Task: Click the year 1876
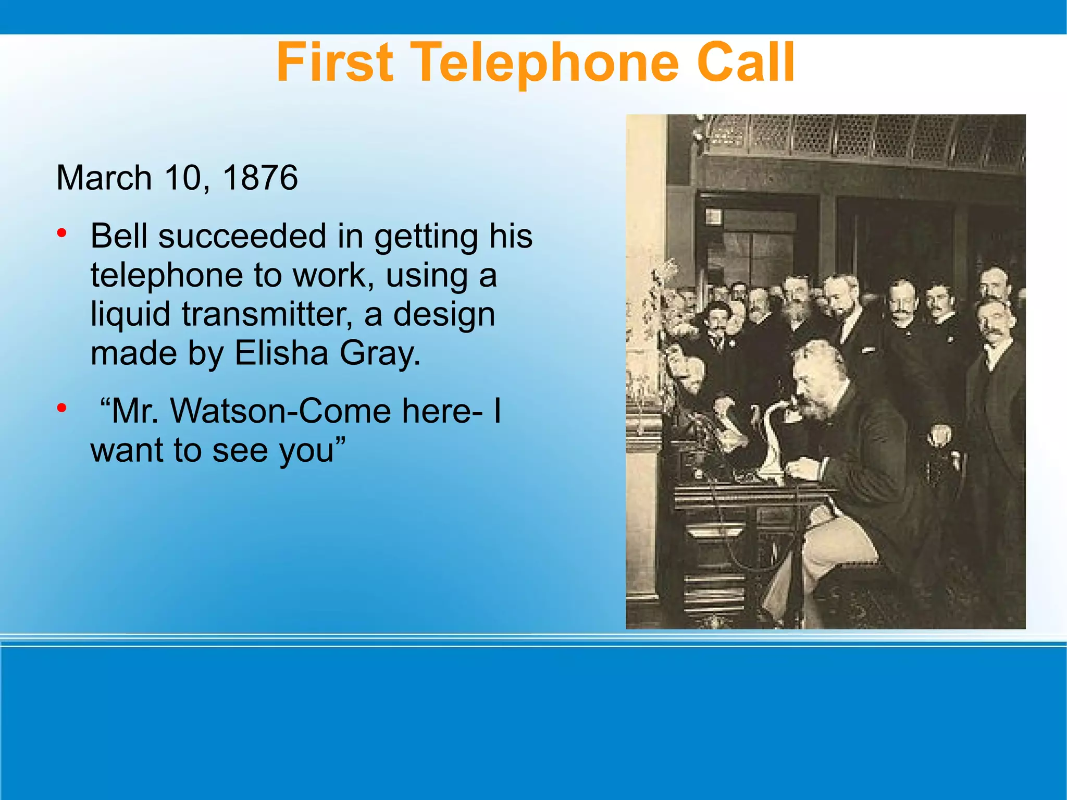(260, 178)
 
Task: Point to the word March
(104, 178)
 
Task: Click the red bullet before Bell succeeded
(62, 233)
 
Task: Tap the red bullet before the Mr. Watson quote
(62, 408)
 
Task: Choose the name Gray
(380, 354)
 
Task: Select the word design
(444, 315)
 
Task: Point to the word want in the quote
(125, 450)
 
